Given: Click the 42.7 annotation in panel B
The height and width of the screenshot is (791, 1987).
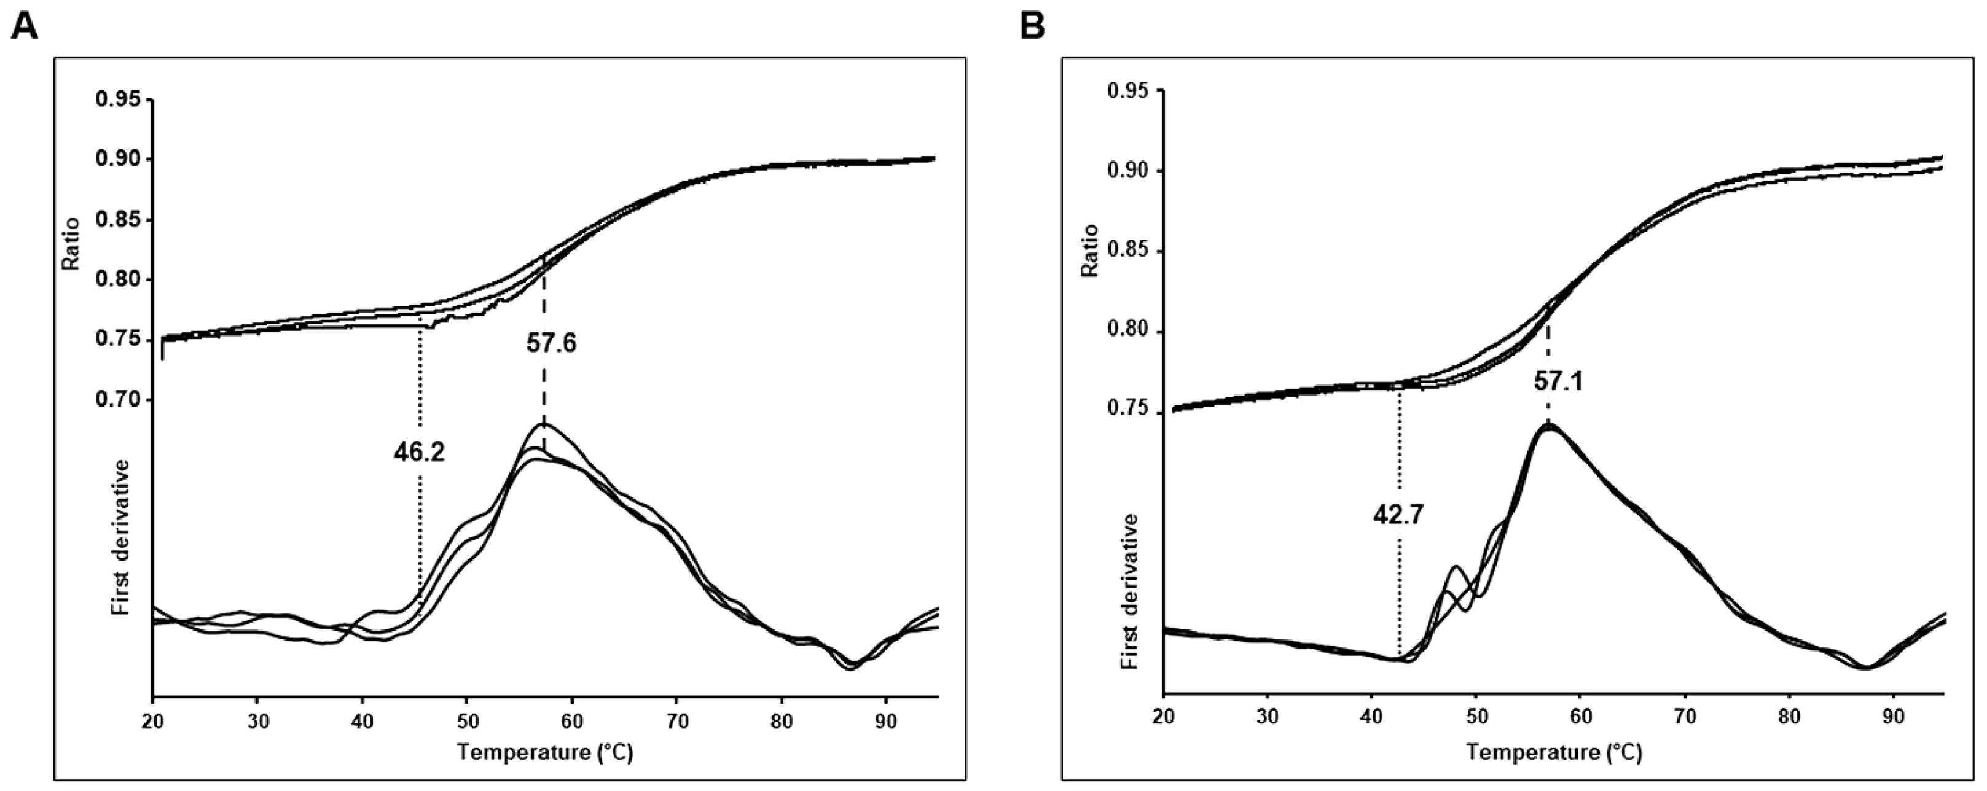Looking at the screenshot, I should click(1398, 514).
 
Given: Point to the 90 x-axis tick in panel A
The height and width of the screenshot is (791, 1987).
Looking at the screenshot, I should click(885, 722).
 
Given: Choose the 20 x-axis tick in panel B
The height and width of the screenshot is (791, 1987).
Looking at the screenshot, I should click(1163, 716).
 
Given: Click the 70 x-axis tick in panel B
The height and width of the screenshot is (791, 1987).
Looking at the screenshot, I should click(1685, 716).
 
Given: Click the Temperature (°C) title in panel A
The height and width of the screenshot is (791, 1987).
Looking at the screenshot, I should click(544, 752).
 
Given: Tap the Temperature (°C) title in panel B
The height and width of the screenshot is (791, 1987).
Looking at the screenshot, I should click(1553, 752).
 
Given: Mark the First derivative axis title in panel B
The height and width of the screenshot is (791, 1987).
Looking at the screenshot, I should click(1131, 591).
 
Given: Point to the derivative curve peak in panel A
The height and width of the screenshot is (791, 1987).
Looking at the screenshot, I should click(544, 424).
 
